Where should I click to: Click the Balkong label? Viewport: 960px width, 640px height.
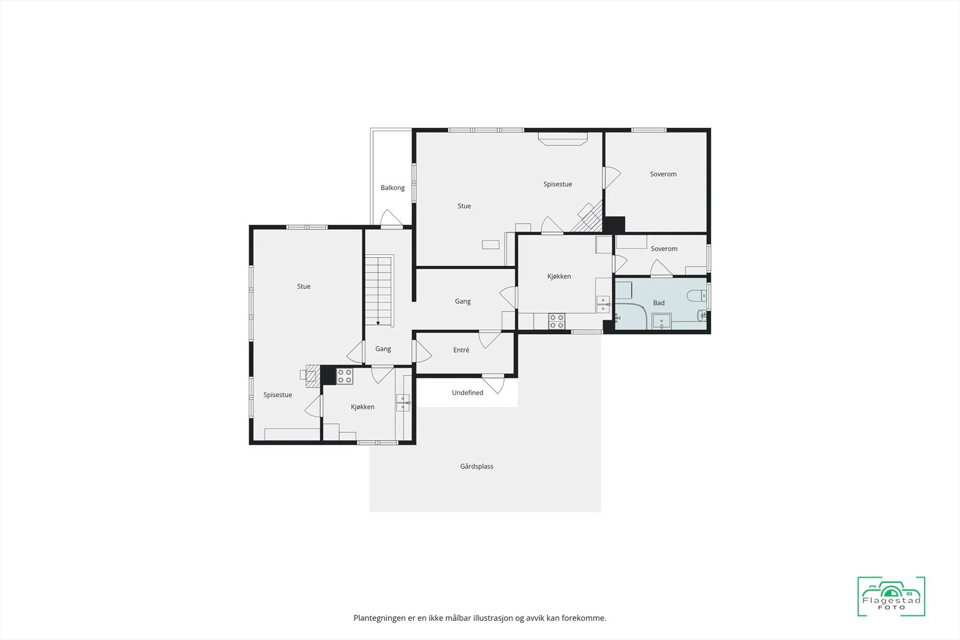[392, 188]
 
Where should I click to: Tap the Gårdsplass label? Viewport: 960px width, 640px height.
[476, 466]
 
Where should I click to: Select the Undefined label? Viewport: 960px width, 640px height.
[467, 392]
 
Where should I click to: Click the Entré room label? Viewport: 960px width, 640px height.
[461, 350]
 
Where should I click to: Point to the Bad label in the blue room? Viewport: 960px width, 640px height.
[659, 303]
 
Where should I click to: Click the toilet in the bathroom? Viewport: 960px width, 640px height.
[697, 295]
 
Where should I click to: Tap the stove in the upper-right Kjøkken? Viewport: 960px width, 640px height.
[557, 321]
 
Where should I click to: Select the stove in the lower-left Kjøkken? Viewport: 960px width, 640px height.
[344, 376]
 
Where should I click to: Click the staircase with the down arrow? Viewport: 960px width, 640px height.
[379, 292]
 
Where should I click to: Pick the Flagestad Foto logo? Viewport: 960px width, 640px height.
[891, 596]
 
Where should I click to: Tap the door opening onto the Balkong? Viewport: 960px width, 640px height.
[391, 218]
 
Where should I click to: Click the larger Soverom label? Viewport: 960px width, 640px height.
[663, 174]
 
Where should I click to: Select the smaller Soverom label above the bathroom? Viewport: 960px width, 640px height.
[664, 248]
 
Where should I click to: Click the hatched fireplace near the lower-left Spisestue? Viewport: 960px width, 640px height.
[313, 375]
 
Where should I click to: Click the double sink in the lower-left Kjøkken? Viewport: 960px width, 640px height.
[403, 402]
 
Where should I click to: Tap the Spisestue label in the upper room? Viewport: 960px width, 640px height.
[557, 184]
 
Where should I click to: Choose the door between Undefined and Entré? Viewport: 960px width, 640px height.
[493, 383]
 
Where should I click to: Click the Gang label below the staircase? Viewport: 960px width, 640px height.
[383, 348]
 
